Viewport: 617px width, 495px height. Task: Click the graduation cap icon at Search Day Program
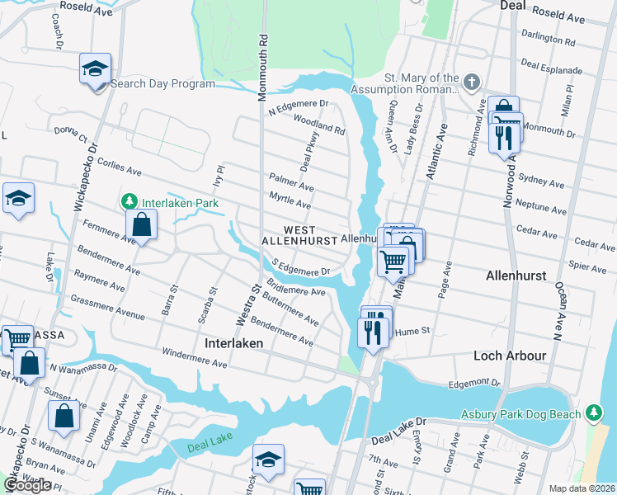[x=96, y=68]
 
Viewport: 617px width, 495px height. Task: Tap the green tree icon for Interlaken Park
[x=130, y=201]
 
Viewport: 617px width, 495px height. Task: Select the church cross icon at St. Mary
[x=471, y=82]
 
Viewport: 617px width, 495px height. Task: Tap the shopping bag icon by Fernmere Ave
[x=142, y=224]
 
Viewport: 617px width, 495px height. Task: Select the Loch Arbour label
[x=510, y=356]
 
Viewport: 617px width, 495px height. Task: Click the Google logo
[x=27, y=485]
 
